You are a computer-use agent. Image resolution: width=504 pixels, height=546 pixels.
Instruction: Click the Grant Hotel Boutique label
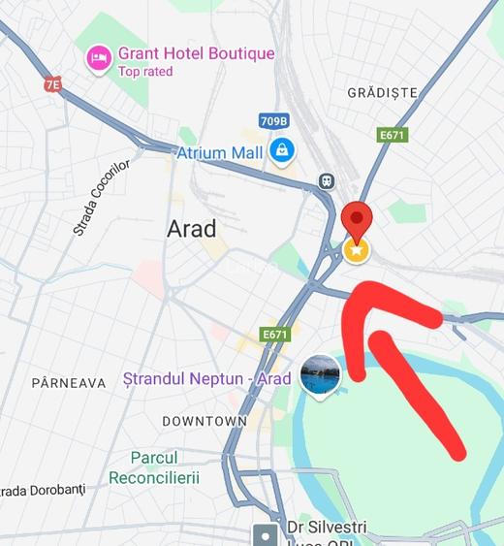[x=196, y=54]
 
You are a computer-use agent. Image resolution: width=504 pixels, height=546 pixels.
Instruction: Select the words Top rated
[x=145, y=72]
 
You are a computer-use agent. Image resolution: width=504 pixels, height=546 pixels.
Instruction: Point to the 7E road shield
[x=52, y=84]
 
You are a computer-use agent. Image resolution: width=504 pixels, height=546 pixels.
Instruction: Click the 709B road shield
[x=274, y=121]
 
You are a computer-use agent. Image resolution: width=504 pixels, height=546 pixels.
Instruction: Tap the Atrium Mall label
[x=219, y=153]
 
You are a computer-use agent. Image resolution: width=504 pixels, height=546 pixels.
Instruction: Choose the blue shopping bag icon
[x=282, y=150]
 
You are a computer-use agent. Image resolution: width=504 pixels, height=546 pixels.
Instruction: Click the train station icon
[x=328, y=181]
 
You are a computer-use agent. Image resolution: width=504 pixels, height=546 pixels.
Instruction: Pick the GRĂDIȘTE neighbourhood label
[x=382, y=93]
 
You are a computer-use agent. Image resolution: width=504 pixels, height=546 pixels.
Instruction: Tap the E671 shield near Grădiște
[x=393, y=135]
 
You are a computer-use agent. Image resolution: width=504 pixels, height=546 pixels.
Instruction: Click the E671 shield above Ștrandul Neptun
[x=275, y=335]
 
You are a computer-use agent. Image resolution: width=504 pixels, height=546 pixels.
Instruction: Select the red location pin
[x=358, y=222]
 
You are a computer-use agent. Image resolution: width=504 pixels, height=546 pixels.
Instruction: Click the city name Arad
[x=192, y=229]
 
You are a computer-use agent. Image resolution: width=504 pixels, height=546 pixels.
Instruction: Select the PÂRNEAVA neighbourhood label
[x=69, y=383]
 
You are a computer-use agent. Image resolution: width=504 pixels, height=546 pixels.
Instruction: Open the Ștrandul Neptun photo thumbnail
[x=320, y=375]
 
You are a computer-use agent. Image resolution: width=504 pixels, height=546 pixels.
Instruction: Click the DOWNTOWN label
[x=205, y=422]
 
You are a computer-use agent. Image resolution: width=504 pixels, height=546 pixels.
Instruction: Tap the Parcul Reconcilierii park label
[x=154, y=467]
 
